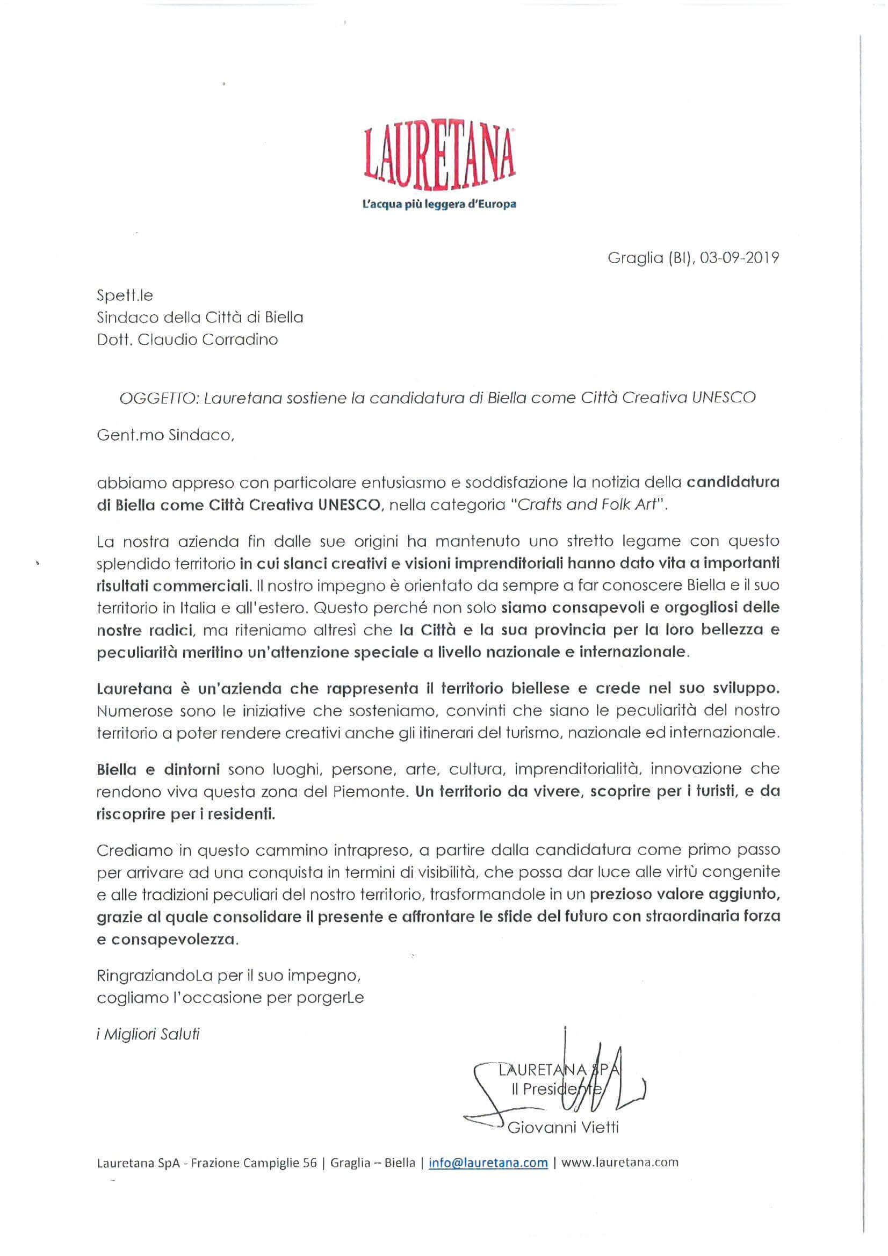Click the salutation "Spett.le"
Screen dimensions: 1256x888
[125, 296]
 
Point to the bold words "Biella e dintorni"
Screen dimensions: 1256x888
[158, 769]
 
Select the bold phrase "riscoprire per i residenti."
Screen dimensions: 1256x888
[185, 814]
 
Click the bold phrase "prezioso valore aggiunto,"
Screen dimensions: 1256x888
[684, 894]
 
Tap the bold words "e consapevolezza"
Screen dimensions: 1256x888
[168, 940]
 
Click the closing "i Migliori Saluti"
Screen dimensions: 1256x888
[148, 1035]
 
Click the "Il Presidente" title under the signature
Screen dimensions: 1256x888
[555, 1089]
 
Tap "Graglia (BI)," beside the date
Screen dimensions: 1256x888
[649, 258]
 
